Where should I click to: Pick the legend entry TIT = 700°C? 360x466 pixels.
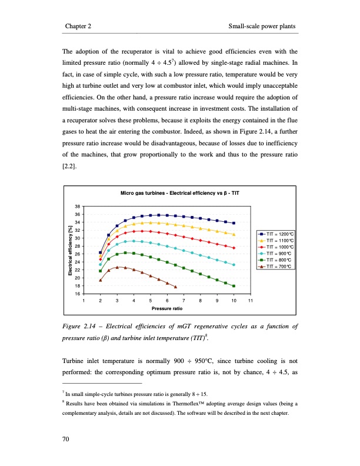click(x=274, y=266)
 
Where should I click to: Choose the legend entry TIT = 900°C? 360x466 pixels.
click(x=274, y=254)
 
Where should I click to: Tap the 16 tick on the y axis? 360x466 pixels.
click(x=78, y=293)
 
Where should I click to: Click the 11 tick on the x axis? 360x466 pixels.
click(x=250, y=300)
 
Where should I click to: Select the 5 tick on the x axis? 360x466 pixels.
click(x=151, y=300)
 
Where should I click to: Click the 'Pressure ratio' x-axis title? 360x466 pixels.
click(x=167, y=308)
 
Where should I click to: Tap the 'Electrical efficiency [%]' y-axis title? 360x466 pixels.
click(x=69, y=250)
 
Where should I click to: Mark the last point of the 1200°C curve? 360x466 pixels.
click(x=234, y=223)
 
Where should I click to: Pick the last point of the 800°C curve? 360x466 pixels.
click(x=234, y=286)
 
